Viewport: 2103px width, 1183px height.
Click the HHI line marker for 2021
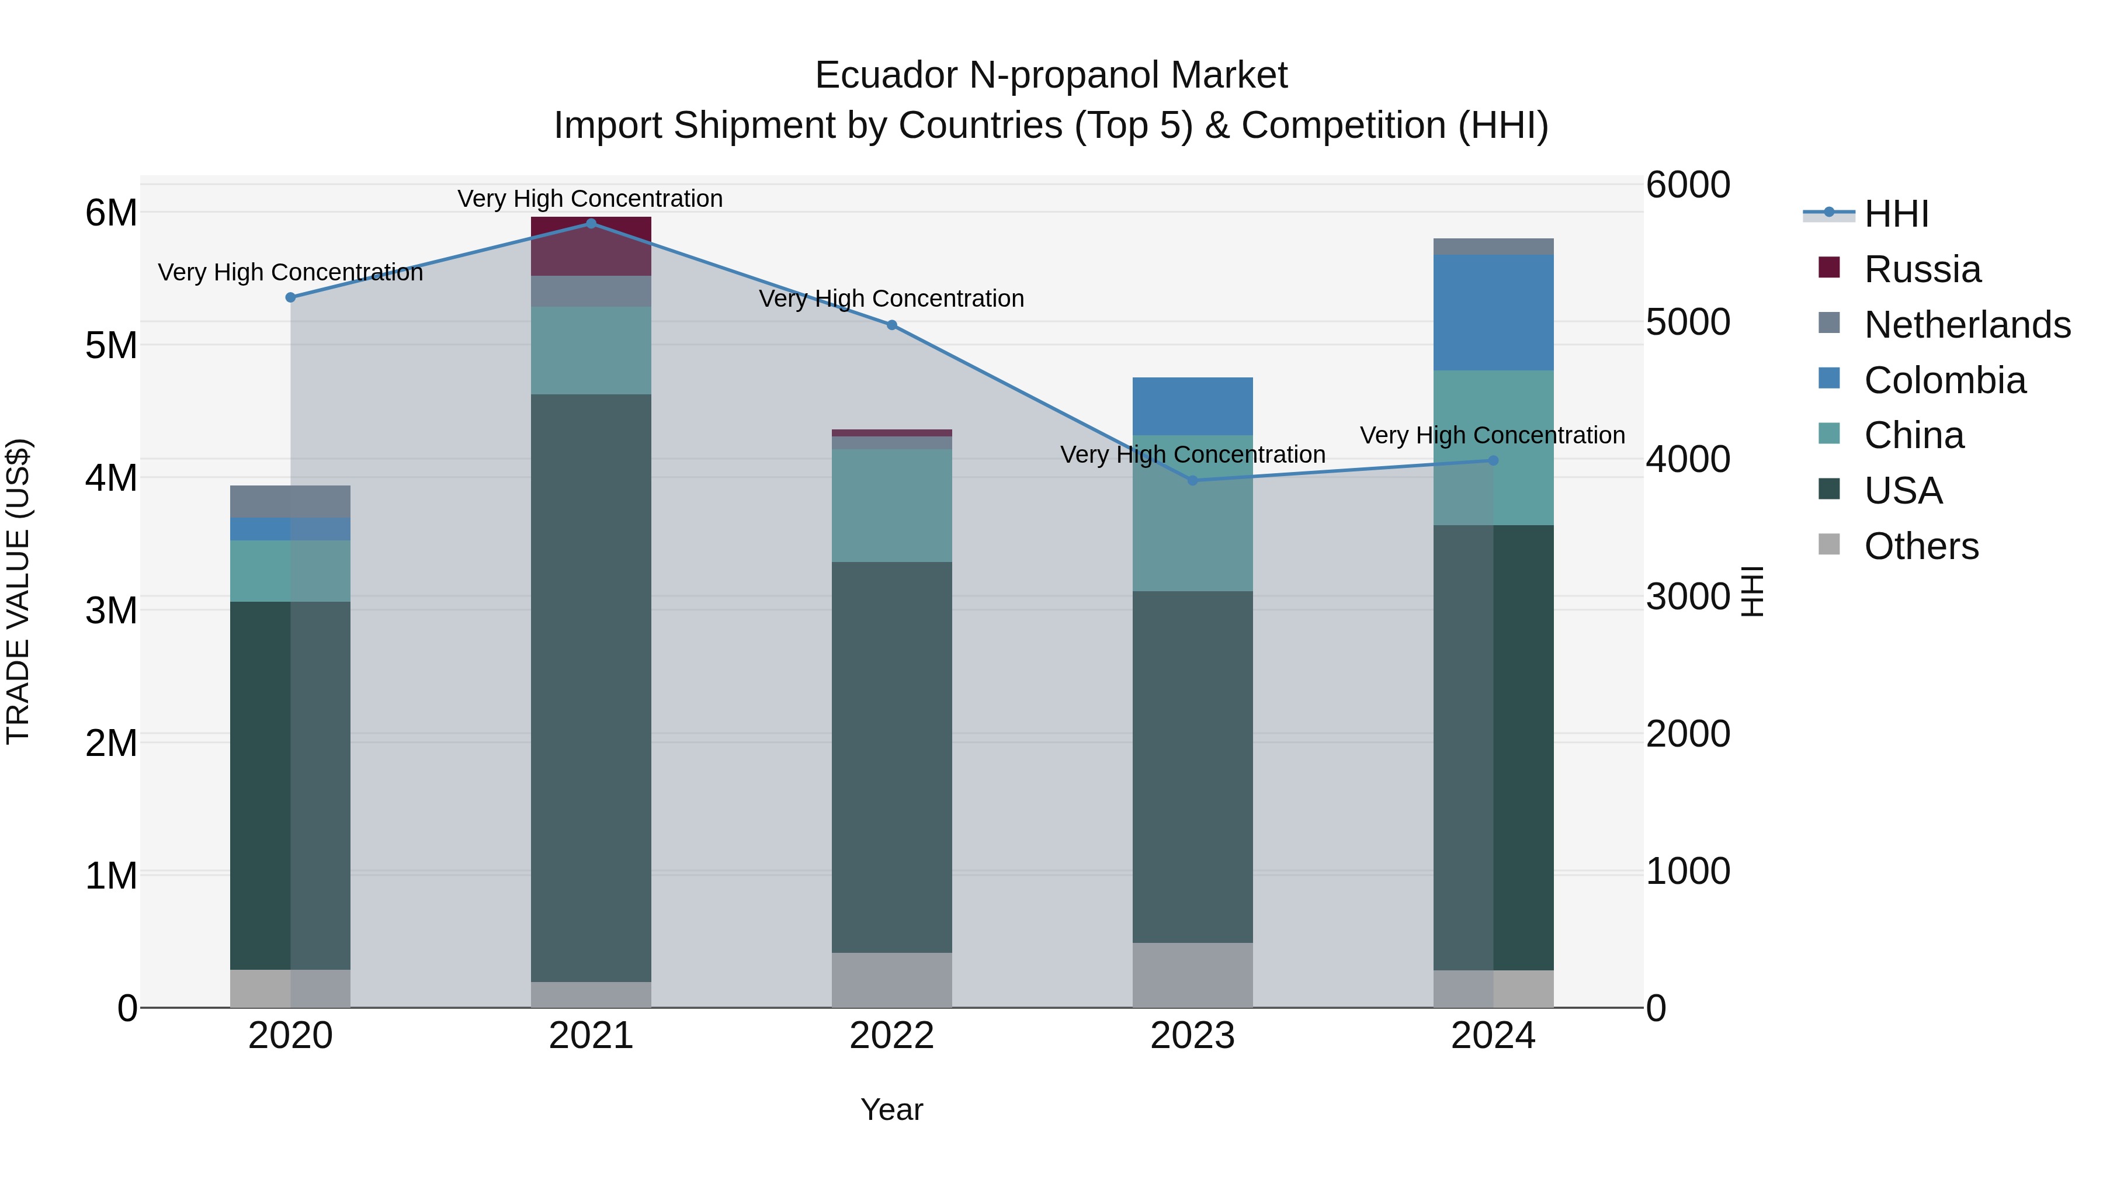(591, 223)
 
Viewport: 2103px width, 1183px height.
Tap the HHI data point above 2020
(291, 297)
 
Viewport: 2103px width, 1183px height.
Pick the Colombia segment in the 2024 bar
(1493, 313)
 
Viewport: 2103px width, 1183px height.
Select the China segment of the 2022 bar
(891, 505)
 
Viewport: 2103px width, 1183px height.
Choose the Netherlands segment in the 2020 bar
(291, 501)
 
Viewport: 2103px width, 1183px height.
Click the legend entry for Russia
(1922, 269)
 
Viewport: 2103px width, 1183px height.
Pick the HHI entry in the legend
(1896, 214)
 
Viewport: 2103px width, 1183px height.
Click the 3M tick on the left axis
(111, 610)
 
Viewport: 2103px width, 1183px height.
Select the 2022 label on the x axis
(891, 1036)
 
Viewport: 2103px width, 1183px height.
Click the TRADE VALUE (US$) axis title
(18, 591)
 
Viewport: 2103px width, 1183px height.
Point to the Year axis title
(891, 1109)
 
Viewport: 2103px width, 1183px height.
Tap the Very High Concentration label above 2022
(891, 299)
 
